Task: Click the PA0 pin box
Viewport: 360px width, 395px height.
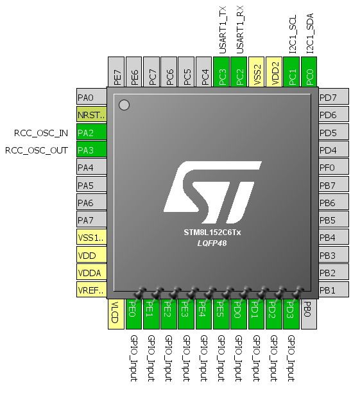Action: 92,96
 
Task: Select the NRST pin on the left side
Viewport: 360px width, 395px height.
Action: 92,114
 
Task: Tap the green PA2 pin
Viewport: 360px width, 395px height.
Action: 92,132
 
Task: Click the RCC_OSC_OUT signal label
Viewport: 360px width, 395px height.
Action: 37,150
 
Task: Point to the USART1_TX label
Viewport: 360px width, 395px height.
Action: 223,30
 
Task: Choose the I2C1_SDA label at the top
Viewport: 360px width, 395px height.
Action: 310,33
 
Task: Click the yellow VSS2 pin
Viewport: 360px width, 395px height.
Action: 256,72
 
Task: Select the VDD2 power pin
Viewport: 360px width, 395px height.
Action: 274,72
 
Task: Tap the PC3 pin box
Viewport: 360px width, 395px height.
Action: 221,72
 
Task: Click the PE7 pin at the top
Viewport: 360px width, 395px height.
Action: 116,72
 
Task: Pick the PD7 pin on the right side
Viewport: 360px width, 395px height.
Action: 334,96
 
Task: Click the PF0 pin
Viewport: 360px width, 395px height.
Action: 334,167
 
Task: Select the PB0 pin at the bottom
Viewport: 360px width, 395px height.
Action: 309,314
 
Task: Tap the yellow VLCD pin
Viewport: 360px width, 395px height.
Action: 116,314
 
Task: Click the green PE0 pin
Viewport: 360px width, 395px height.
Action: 133,314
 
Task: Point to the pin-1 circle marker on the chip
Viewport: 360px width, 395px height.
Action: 124,105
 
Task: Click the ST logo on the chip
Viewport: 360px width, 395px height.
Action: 212,193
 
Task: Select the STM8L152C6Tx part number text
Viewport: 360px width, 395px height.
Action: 212,233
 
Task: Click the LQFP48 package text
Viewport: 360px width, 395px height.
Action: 212,243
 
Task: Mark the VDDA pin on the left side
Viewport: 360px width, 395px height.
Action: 92,272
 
